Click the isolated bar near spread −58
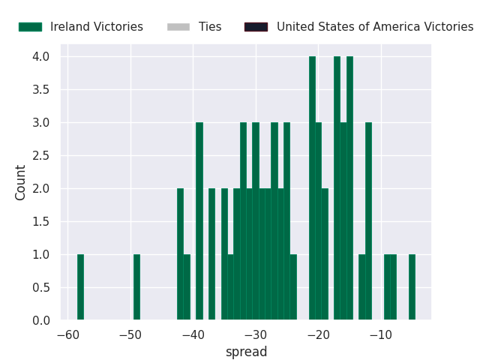coord(80,287)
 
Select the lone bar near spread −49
coord(136,287)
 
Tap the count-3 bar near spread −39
coord(199,221)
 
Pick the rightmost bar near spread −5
coord(412,287)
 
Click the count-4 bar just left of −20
coord(312,188)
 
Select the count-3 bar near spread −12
coord(368,221)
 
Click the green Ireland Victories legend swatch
coord(30,27)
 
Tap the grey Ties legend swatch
coord(178,27)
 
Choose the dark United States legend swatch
coord(256,27)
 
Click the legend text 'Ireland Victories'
coord(97,27)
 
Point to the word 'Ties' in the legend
coord(210,27)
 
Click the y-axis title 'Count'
coord(20,183)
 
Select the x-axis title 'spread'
coord(247,352)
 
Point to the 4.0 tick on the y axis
coord(41,57)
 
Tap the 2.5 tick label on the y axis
coord(41,155)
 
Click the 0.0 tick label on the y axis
coord(41,320)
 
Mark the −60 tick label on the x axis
coord(68,335)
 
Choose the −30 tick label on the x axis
coord(256,335)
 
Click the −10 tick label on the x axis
coord(381,335)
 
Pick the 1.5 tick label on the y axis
coord(41,221)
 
